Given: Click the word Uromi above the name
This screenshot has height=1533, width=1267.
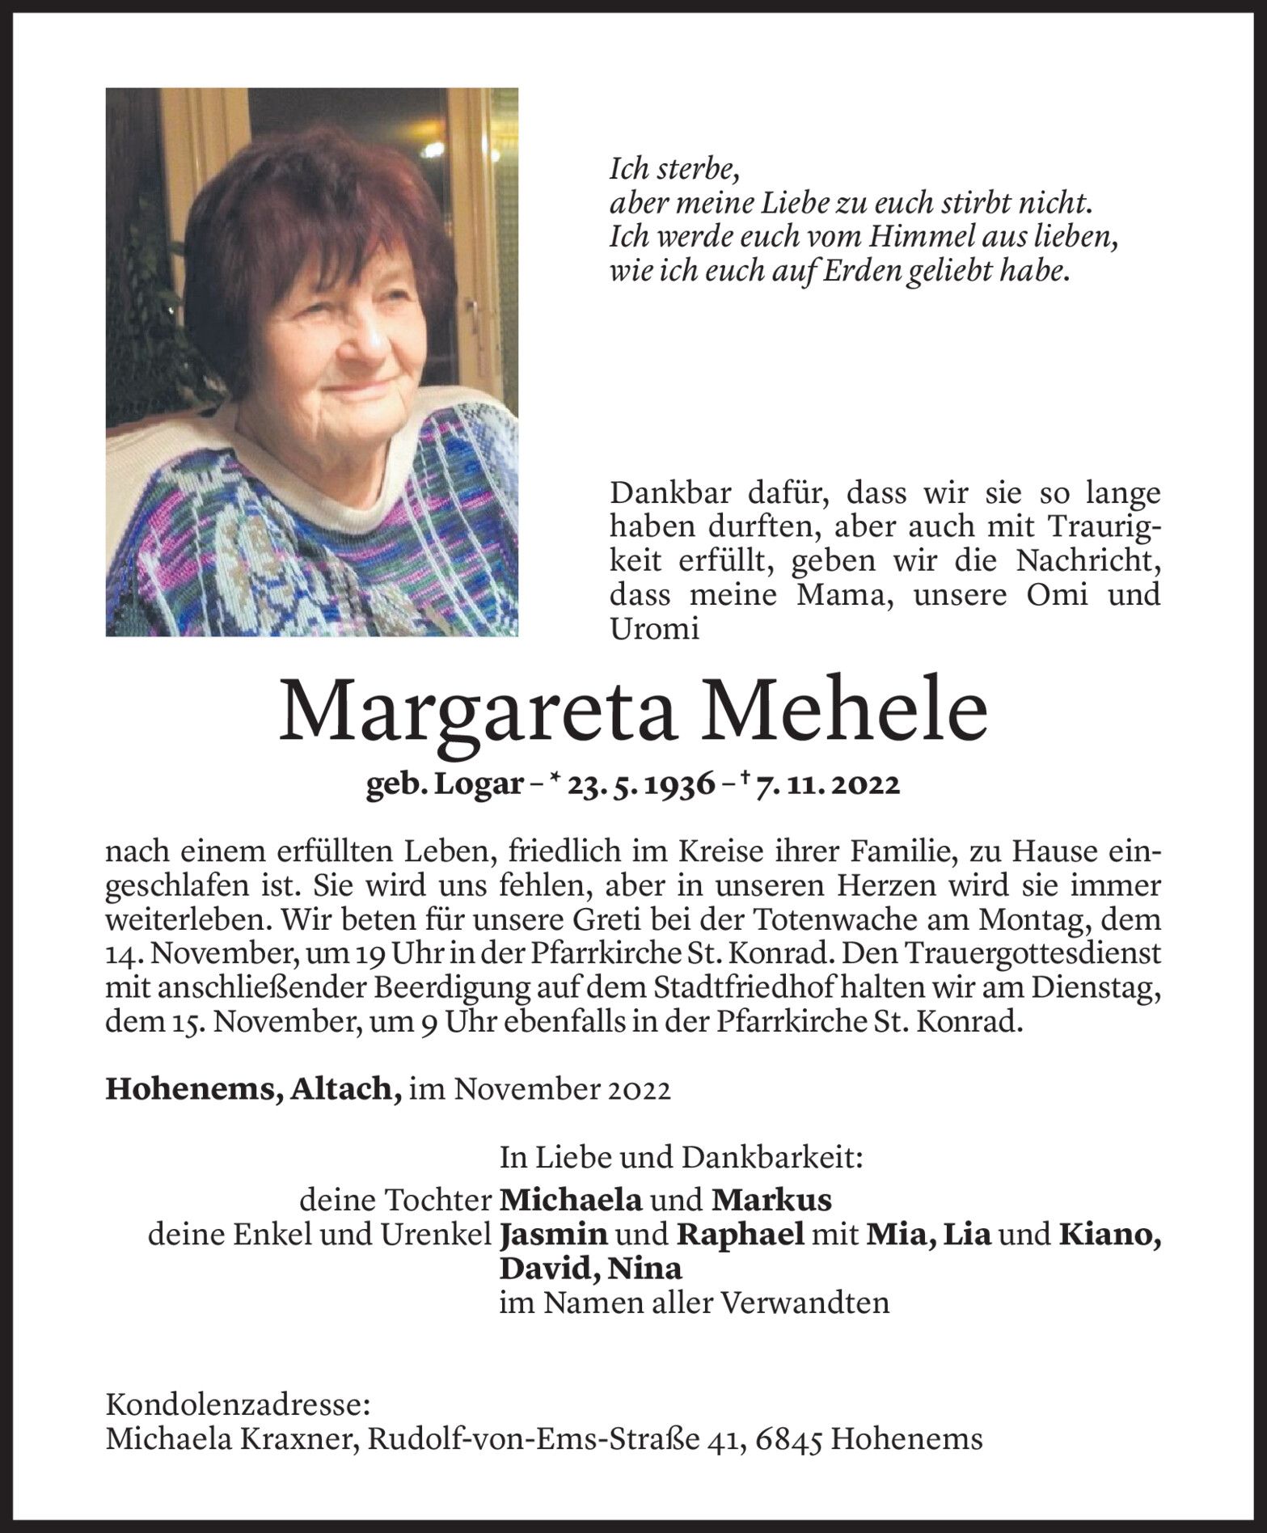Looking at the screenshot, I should [654, 629].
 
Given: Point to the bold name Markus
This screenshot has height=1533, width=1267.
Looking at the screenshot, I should [772, 1201].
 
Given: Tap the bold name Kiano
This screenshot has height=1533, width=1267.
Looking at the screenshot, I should [1110, 1235].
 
